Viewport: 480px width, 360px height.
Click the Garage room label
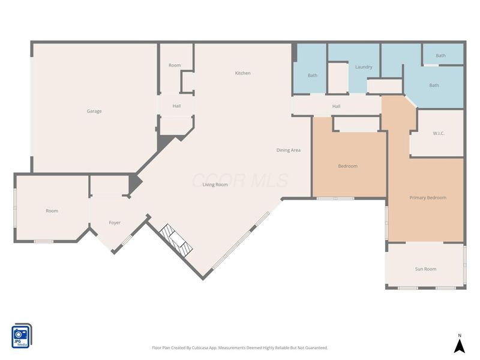[94, 111]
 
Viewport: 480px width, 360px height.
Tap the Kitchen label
[243, 73]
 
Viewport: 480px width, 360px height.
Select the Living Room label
[215, 185]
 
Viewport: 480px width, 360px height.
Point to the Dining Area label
[289, 150]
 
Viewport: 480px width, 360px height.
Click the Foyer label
[115, 223]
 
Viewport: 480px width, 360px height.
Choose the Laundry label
[364, 67]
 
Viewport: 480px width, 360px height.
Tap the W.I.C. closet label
[439, 133]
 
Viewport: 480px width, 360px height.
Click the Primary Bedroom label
[428, 198]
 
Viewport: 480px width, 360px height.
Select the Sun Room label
[426, 269]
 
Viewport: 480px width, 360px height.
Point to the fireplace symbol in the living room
[176, 239]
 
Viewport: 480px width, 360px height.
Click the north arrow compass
[459, 344]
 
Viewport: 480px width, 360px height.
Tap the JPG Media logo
[22, 336]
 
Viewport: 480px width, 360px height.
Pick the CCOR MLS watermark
[240, 181]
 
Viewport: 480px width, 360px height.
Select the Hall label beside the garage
[176, 106]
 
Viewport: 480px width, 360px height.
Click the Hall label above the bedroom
[337, 106]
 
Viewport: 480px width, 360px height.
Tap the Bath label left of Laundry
[313, 76]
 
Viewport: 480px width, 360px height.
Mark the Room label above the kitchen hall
[175, 65]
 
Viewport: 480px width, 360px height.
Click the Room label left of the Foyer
[52, 211]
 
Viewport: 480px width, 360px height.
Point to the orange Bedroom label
[348, 166]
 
